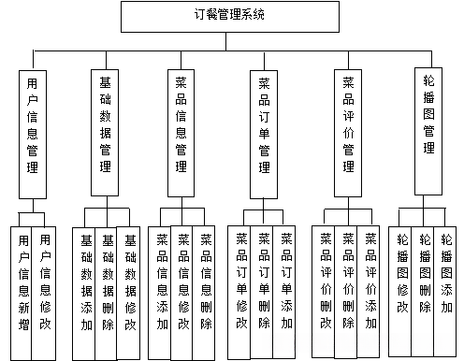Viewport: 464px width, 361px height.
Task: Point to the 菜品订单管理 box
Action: pos(265,133)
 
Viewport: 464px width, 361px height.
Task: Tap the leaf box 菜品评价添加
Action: pos(370,286)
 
